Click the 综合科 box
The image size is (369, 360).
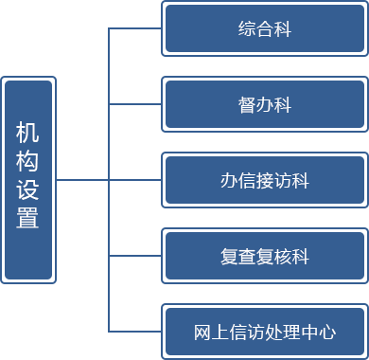pyautogui.click(x=264, y=28)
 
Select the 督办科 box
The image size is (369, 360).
pyautogui.click(x=264, y=104)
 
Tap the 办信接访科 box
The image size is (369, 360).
pyautogui.click(x=264, y=180)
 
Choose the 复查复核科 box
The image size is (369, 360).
pyautogui.click(x=264, y=256)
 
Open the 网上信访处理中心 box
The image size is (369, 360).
pyautogui.click(x=264, y=332)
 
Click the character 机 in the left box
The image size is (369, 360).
pyautogui.click(x=28, y=134)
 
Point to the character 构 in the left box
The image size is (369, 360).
pyautogui.click(x=28, y=162)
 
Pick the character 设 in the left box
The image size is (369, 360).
pyautogui.click(x=28, y=190)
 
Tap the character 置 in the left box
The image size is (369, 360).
pyautogui.click(x=28, y=219)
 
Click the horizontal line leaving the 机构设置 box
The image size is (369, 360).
pyautogui.click(x=80, y=178)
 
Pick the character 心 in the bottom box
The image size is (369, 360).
pyautogui.click(x=328, y=332)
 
